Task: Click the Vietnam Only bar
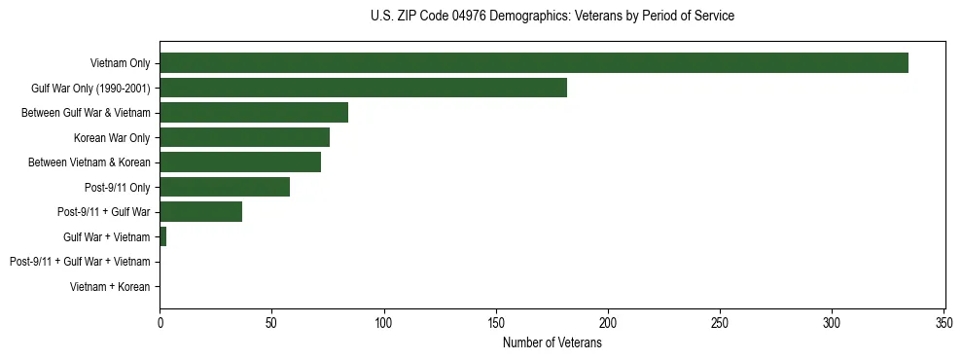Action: [x=533, y=63]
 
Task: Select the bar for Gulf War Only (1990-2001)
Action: [x=363, y=89]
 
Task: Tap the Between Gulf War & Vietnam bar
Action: [x=254, y=113]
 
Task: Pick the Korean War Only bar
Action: [x=244, y=138]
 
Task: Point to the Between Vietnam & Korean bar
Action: [x=240, y=162]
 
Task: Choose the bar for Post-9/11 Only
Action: [x=225, y=188]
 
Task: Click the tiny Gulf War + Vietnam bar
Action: [x=162, y=237]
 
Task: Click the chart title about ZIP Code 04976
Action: [x=552, y=17]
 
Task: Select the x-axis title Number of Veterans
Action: [x=552, y=343]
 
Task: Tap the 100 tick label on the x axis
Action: [x=384, y=322]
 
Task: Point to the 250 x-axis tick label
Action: [x=720, y=322]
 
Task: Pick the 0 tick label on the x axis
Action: [x=160, y=322]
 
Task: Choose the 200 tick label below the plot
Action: [x=608, y=322]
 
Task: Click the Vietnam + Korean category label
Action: [x=110, y=287]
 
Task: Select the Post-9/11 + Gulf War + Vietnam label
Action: [x=80, y=262]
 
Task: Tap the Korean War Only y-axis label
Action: [x=112, y=138]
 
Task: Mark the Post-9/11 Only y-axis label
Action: [x=118, y=188]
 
